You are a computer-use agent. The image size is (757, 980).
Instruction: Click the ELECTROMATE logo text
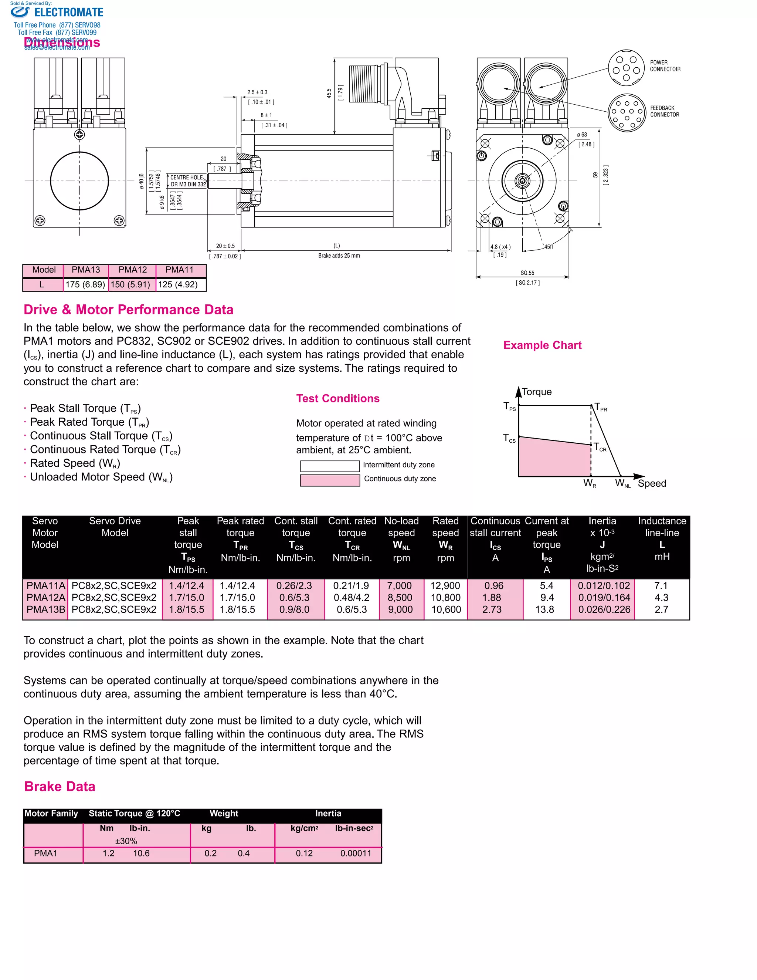[69, 13]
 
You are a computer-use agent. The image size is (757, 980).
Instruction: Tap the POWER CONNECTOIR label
[665, 66]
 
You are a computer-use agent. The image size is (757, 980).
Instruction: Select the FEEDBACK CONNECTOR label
[665, 111]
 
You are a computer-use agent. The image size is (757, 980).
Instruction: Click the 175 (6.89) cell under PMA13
[85, 284]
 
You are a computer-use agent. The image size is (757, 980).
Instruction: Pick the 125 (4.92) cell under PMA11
[178, 284]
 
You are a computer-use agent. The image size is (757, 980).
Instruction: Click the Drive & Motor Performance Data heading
[128, 310]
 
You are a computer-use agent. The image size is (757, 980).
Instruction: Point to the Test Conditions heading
[338, 398]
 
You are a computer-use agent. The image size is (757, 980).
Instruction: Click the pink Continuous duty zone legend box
[330, 480]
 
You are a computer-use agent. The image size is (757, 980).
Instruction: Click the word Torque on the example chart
[537, 392]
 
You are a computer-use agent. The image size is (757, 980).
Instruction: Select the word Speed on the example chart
[652, 483]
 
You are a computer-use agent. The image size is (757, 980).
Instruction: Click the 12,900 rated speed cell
[445, 585]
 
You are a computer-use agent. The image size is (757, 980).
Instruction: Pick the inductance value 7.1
[661, 585]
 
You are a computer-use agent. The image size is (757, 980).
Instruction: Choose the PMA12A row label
[46, 598]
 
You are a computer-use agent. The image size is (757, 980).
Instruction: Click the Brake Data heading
[60, 787]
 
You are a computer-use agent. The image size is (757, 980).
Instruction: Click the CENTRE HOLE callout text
[187, 178]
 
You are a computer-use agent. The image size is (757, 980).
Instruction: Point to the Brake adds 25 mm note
[339, 256]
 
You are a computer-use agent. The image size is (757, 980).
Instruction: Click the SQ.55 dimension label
[527, 273]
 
